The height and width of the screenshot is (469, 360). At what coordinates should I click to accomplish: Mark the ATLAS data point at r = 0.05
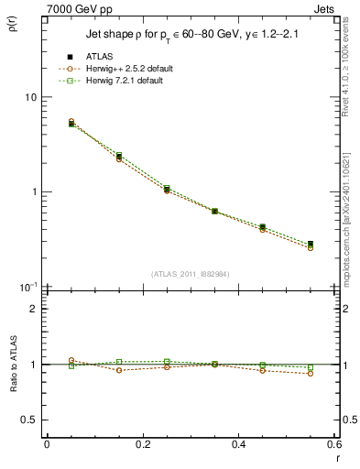point(71,124)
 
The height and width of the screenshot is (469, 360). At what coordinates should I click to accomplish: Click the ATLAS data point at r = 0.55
point(311,244)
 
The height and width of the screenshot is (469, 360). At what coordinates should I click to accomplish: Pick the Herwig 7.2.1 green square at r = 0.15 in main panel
point(119,156)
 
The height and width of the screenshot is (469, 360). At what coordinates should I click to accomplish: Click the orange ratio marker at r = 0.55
point(311,373)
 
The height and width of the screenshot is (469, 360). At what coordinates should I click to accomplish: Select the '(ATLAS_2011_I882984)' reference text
point(191,273)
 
